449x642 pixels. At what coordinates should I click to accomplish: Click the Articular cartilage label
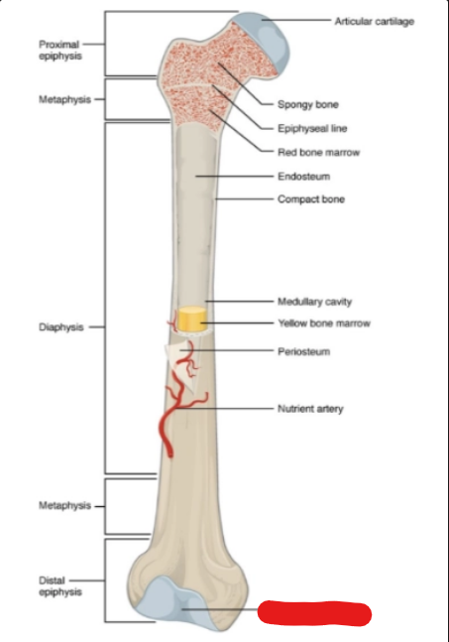(x=375, y=21)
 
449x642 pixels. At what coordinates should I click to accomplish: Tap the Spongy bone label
(x=308, y=104)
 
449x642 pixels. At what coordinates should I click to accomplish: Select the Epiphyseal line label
(x=312, y=129)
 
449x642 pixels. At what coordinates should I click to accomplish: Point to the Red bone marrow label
(x=318, y=152)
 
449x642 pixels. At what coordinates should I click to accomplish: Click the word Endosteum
(x=304, y=177)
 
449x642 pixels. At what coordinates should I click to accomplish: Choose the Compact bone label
(x=311, y=199)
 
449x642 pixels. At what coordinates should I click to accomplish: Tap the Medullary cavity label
(x=314, y=302)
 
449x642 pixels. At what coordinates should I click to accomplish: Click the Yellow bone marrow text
(x=324, y=323)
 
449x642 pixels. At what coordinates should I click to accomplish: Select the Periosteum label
(x=304, y=351)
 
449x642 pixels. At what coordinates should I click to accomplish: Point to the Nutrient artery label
(x=310, y=409)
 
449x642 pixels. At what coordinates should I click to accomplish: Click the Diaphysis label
(x=60, y=327)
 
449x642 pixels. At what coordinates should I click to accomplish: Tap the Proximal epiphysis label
(x=60, y=50)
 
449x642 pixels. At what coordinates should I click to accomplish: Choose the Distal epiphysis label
(x=60, y=585)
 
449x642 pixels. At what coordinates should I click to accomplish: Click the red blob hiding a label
(x=314, y=613)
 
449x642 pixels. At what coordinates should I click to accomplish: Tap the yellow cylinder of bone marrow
(x=191, y=319)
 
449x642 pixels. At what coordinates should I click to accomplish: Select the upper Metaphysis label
(x=64, y=99)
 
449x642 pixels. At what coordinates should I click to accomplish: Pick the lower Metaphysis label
(x=64, y=506)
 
